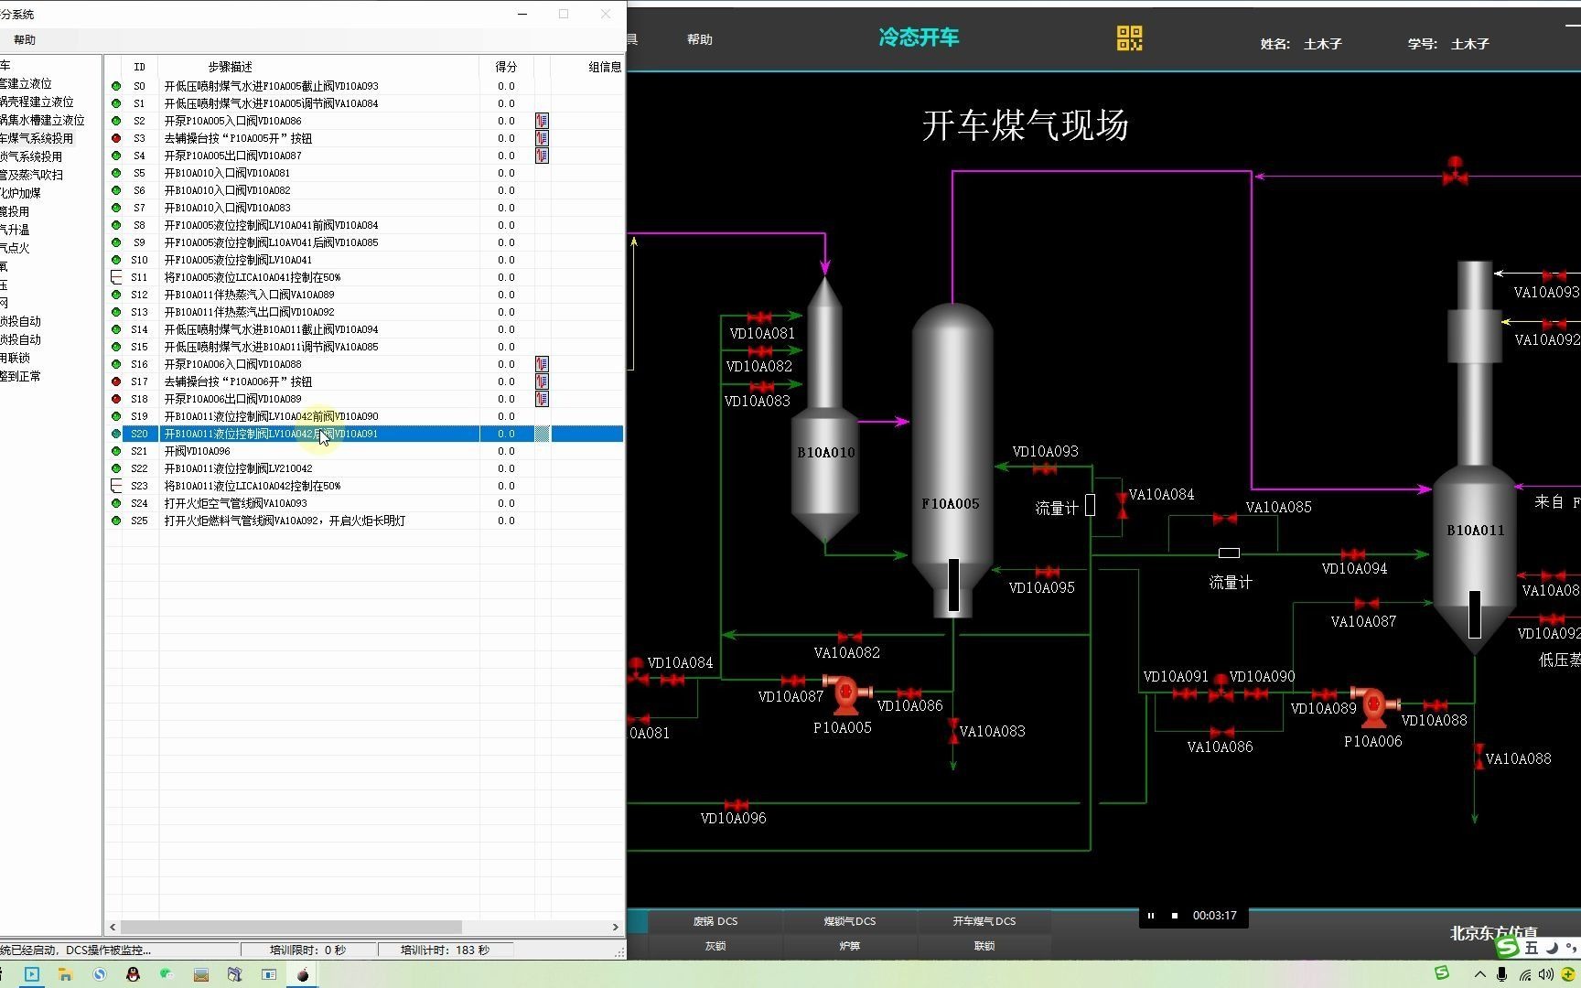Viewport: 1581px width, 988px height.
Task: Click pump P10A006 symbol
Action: click(x=1373, y=705)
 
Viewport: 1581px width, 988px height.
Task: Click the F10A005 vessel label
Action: click(x=950, y=503)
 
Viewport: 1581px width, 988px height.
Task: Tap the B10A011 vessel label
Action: click(x=1475, y=530)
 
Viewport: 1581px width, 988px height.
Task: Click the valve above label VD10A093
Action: click(x=1044, y=468)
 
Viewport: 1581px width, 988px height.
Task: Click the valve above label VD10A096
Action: click(x=736, y=805)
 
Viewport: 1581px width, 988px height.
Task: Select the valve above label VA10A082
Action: click(x=849, y=637)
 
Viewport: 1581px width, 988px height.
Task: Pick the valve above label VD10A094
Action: click(x=1352, y=554)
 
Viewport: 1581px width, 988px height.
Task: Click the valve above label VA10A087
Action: click(x=1365, y=604)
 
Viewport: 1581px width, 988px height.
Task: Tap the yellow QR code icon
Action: click(x=1129, y=38)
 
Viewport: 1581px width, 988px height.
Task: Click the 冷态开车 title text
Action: click(x=919, y=38)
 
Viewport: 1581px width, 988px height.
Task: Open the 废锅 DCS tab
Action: click(x=715, y=921)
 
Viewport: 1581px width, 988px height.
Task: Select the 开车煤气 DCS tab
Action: click(x=984, y=921)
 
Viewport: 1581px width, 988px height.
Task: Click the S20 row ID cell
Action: click(x=139, y=434)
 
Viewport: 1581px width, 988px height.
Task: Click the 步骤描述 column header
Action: click(x=230, y=67)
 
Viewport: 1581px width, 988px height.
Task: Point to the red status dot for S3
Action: click(x=116, y=138)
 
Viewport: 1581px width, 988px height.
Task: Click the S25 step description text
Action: click(x=285, y=521)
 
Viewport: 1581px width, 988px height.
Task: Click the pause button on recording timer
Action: click(x=1150, y=916)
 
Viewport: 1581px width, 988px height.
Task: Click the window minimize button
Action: click(x=522, y=14)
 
